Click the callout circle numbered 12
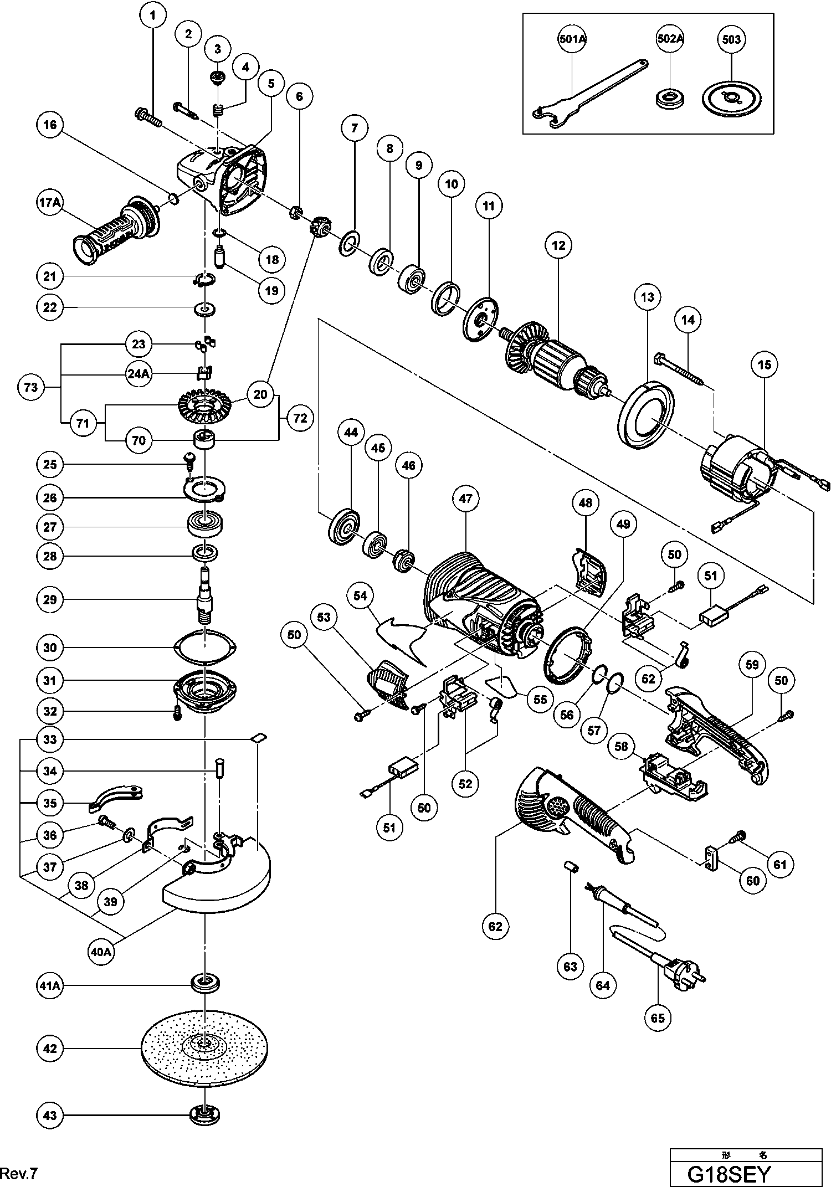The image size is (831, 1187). [558, 245]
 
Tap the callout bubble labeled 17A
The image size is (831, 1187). [50, 203]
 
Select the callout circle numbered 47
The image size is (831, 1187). [465, 499]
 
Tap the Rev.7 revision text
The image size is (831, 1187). [19, 1173]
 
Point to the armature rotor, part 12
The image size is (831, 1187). [554, 360]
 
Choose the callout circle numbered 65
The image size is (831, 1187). [658, 1018]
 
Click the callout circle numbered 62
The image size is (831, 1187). [495, 926]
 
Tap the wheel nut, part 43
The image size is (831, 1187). [208, 1114]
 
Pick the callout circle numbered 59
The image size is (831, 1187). [751, 664]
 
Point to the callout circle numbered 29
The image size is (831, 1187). [50, 599]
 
